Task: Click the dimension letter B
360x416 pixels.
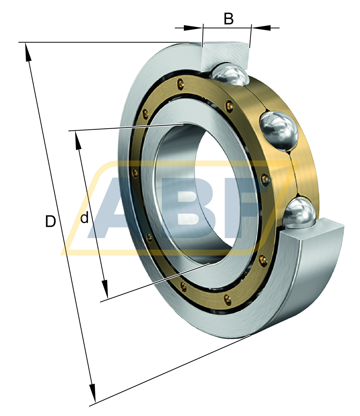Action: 229,19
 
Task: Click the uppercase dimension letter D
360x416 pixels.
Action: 50,221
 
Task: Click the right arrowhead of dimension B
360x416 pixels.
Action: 261,28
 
